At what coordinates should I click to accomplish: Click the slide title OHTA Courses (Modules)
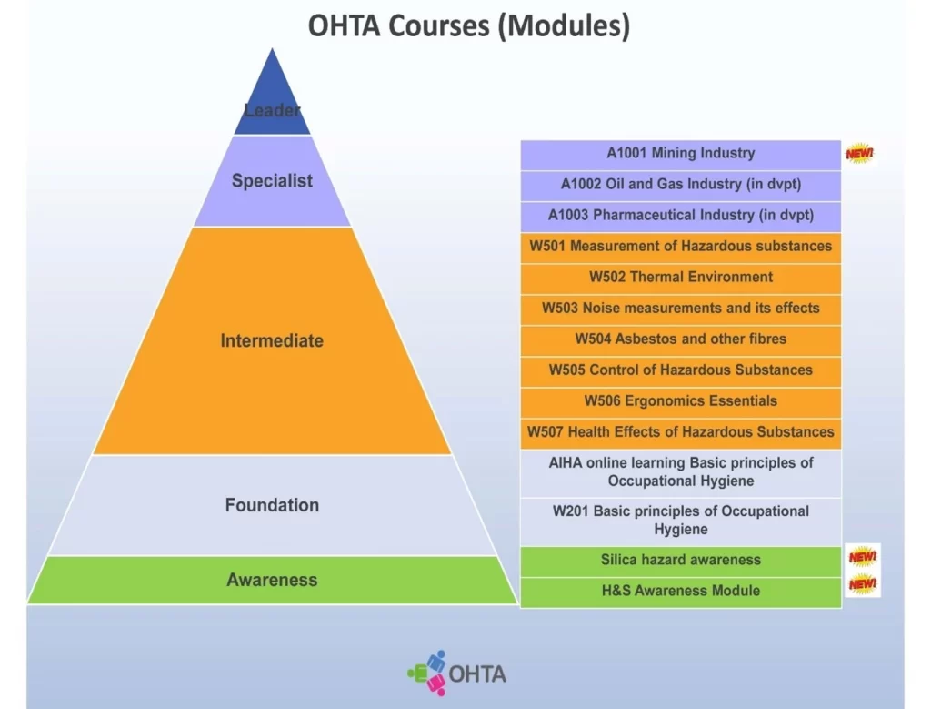coord(468,25)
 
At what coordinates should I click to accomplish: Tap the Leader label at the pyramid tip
coord(272,110)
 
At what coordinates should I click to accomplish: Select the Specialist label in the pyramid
coord(272,181)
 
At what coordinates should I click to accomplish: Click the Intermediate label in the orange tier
coord(272,340)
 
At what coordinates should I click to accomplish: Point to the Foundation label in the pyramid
coord(272,505)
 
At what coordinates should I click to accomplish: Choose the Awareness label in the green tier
coord(272,580)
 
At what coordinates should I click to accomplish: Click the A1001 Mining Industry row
coord(680,153)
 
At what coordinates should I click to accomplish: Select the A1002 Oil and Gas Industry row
coord(680,184)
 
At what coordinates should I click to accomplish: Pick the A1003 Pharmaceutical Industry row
coord(680,215)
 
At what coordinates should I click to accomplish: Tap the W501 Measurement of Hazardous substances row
coord(680,247)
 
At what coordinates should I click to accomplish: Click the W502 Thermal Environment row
coord(680,278)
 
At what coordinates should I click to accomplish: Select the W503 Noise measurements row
coord(680,309)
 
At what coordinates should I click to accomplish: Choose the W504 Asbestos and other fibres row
coord(680,339)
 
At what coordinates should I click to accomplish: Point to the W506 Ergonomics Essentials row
coord(680,401)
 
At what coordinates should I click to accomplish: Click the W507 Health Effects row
coord(680,432)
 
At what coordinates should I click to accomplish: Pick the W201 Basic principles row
coord(680,521)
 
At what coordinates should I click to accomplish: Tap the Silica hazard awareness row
coord(680,561)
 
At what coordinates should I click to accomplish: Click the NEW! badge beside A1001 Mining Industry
coord(859,154)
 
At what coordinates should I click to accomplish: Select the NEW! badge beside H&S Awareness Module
coord(862,584)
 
